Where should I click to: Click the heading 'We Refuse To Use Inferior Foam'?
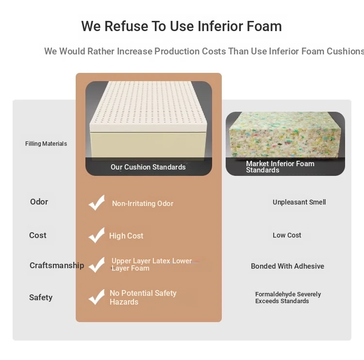click(x=182, y=26)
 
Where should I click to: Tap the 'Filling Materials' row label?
click(x=46, y=144)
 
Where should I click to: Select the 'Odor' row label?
click(x=39, y=202)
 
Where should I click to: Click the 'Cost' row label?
click(x=37, y=235)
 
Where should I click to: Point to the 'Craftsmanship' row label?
click(x=57, y=265)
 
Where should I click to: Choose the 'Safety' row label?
click(x=41, y=297)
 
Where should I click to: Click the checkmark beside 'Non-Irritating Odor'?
click(x=97, y=203)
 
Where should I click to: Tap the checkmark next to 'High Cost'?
click(x=97, y=236)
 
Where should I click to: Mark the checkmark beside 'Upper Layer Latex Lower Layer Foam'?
click(x=97, y=265)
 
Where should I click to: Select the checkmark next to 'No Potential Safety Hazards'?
click(x=97, y=297)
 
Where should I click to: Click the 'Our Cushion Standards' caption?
click(x=148, y=167)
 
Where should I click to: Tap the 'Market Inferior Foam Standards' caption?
click(x=280, y=167)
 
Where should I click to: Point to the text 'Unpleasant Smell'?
click(x=299, y=202)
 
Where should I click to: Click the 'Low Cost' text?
click(x=287, y=235)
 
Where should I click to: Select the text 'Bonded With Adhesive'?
click(x=287, y=266)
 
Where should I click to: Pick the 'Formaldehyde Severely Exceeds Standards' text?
click(x=288, y=297)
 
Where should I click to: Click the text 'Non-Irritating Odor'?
click(x=143, y=204)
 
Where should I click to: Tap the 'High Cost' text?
click(x=126, y=236)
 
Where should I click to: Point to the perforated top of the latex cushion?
click(x=148, y=104)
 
